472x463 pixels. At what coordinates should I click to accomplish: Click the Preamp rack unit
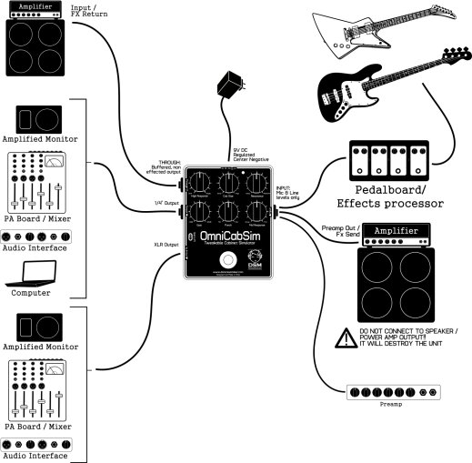point(397,392)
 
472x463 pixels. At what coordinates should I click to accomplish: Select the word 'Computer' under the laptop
point(31,293)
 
